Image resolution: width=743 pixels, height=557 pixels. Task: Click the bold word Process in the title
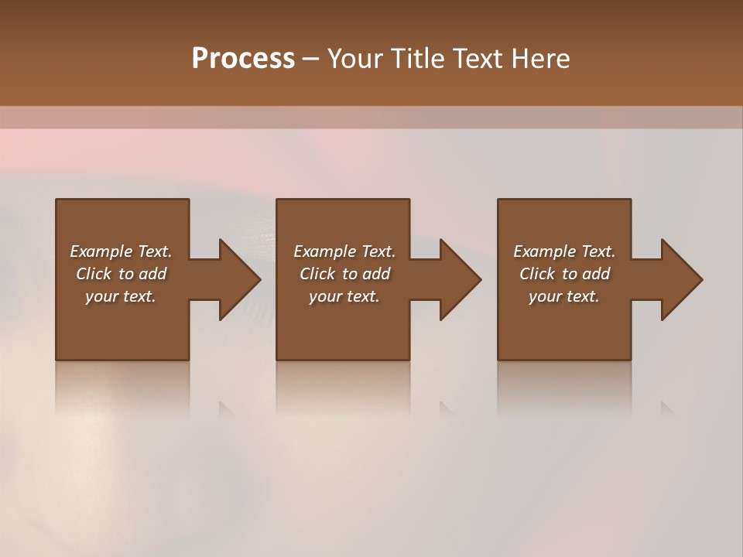tap(243, 59)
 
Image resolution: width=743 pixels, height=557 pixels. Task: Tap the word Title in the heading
tap(416, 59)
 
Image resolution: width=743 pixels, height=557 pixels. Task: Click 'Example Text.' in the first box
tap(121, 251)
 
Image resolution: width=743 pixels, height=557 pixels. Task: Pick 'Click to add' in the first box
tap(121, 274)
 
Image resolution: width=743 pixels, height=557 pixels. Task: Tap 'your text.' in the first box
tap(121, 296)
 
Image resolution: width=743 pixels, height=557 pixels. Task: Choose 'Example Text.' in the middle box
tap(344, 251)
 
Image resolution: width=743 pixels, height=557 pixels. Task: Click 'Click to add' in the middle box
tap(344, 274)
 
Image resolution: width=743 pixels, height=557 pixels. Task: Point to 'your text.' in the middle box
tap(344, 296)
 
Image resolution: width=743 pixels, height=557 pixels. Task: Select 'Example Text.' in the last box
tap(564, 251)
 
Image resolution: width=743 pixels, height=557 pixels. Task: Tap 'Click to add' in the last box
tap(564, 274)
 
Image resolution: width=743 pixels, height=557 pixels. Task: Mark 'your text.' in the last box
tap(564, 296)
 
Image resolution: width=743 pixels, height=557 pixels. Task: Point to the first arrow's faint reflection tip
tap(226, 409)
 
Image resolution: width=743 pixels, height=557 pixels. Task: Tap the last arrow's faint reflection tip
tap(667, 409)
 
